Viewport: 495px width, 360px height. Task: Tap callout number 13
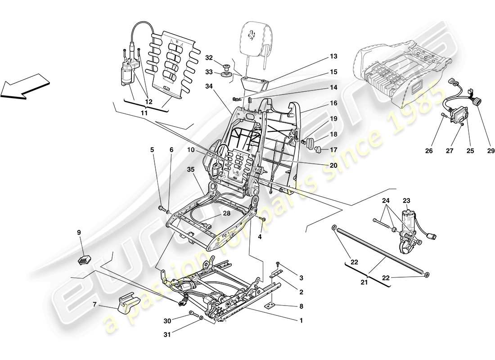coord(333,57)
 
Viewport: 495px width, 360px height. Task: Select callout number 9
coord(79,233)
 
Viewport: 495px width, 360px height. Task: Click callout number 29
coord(490,151)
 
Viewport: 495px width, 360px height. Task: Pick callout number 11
coord(144,114)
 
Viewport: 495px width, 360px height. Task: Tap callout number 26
coord(429,151)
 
